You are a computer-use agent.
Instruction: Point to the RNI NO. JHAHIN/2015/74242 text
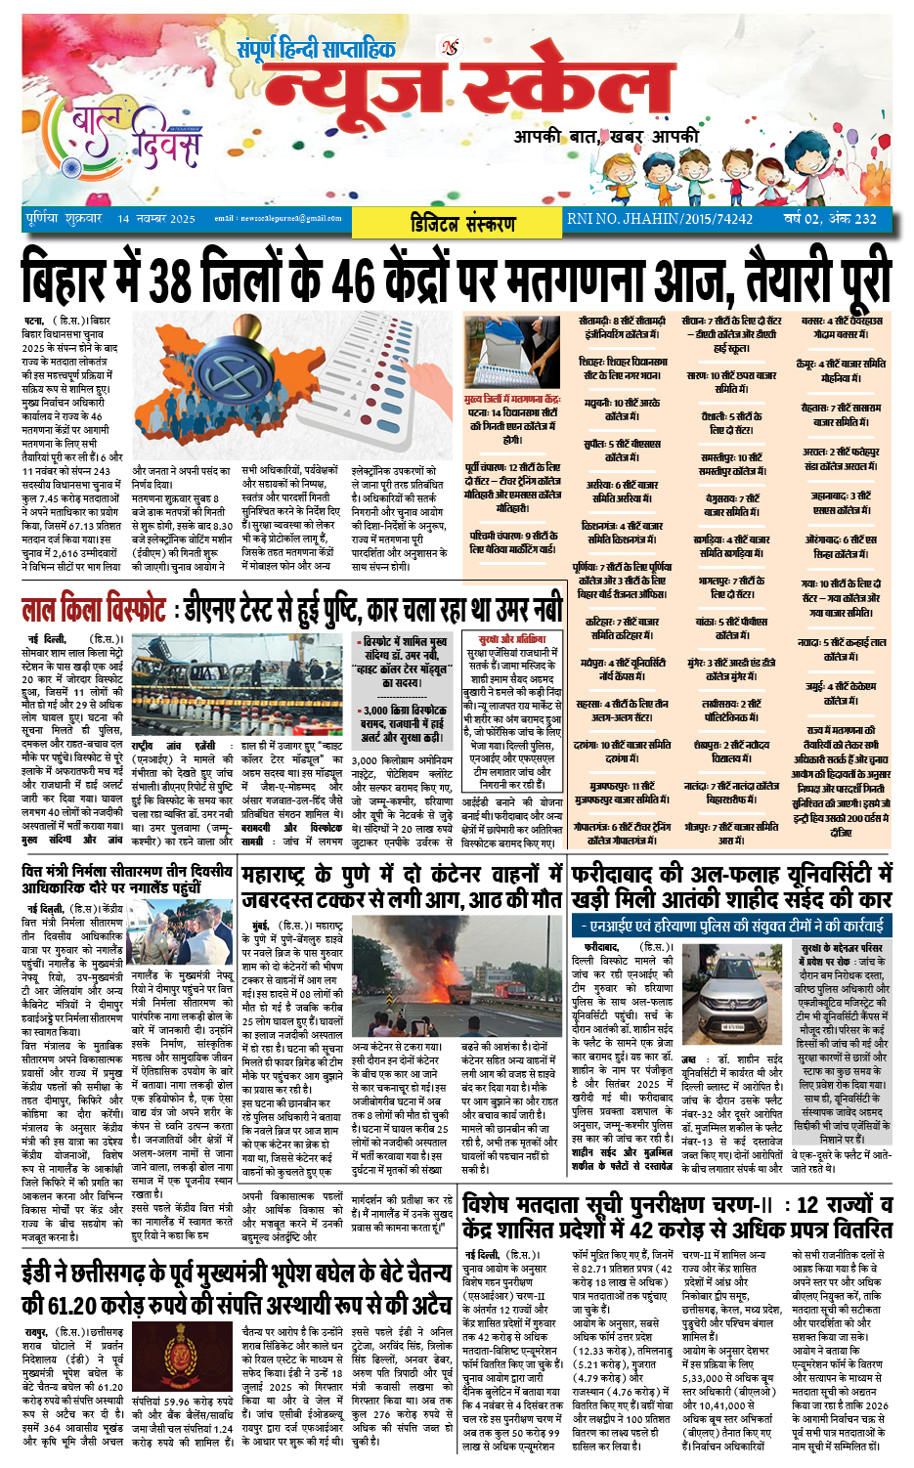[660, 219]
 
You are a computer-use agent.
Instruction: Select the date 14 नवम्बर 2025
[156, 219]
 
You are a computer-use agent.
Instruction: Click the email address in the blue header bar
[278, 219]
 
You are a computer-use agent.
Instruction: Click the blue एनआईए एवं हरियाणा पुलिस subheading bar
[731, 925]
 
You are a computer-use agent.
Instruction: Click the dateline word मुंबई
[260, 925]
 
